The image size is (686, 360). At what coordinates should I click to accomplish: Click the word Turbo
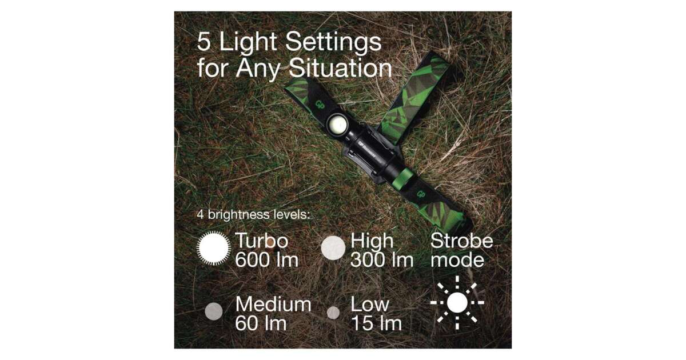point(262,241)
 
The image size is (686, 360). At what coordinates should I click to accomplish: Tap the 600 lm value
point(267,260)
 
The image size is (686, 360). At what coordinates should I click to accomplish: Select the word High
point(372,241)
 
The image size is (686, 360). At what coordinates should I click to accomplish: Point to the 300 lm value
point(382,260)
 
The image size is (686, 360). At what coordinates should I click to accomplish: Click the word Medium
point(273,304)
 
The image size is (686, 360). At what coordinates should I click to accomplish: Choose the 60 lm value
point(261,323)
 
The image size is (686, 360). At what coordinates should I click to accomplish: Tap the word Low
point(370,304)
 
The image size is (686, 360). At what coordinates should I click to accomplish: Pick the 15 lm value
point(376,323)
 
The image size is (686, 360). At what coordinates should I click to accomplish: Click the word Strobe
point(461,241)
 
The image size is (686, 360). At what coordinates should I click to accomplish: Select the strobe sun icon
point(457,302)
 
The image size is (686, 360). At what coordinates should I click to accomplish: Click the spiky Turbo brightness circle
point(213,248)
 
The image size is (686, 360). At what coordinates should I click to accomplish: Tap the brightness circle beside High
point(333,248)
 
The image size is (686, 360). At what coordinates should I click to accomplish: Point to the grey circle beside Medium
point(214,311)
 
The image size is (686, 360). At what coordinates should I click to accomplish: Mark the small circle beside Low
point(333,313)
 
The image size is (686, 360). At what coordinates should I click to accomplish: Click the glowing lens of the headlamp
point(337,125)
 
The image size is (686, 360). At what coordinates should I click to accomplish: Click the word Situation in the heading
point(340,68)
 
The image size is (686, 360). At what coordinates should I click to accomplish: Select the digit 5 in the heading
point(204,42)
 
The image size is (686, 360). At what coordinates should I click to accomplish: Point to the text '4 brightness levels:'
point(253,214)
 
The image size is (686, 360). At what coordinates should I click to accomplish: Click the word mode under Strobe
point(457,261)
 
